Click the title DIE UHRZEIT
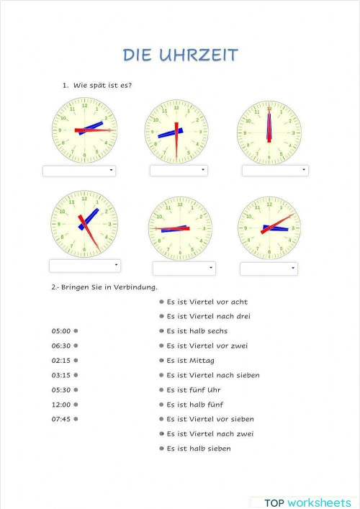(x=180, y=55)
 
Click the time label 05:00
(x=61, y=331)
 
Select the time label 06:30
(x=61, y=346)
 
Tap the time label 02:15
(x=61, y=361)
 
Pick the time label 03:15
(x=61, y=375)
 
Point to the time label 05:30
(x=61, y=389)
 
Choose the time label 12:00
(x=61, y=405)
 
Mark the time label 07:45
(x=61, y=419)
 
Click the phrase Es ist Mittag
(x=190, y=361)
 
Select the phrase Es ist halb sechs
(x=197, y=331)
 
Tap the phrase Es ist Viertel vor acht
(x=207, y=302)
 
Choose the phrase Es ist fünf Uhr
(x=194, y=389)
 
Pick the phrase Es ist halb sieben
(x=199, y=449)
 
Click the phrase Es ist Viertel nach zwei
(x=210, y=433)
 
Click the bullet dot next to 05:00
(x=76, y=331)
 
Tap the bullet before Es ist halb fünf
(x=161, y=405)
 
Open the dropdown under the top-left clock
(x=79, y=171)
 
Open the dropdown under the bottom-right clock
(x=269, y=269)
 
